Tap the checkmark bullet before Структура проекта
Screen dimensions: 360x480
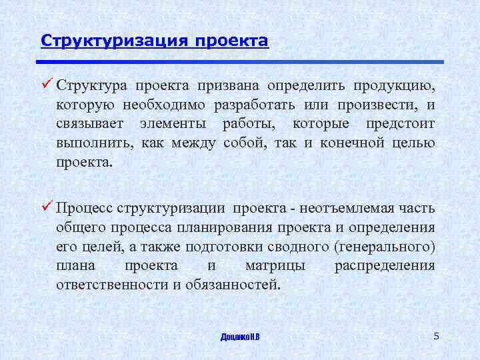(x=46, y=85)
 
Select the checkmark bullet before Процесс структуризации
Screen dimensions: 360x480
(x=46, y=207)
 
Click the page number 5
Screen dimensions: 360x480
(x=436, y=336)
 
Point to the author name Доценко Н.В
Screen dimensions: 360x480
(x=240, y=337)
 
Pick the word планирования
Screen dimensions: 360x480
(x=208, y=227)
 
